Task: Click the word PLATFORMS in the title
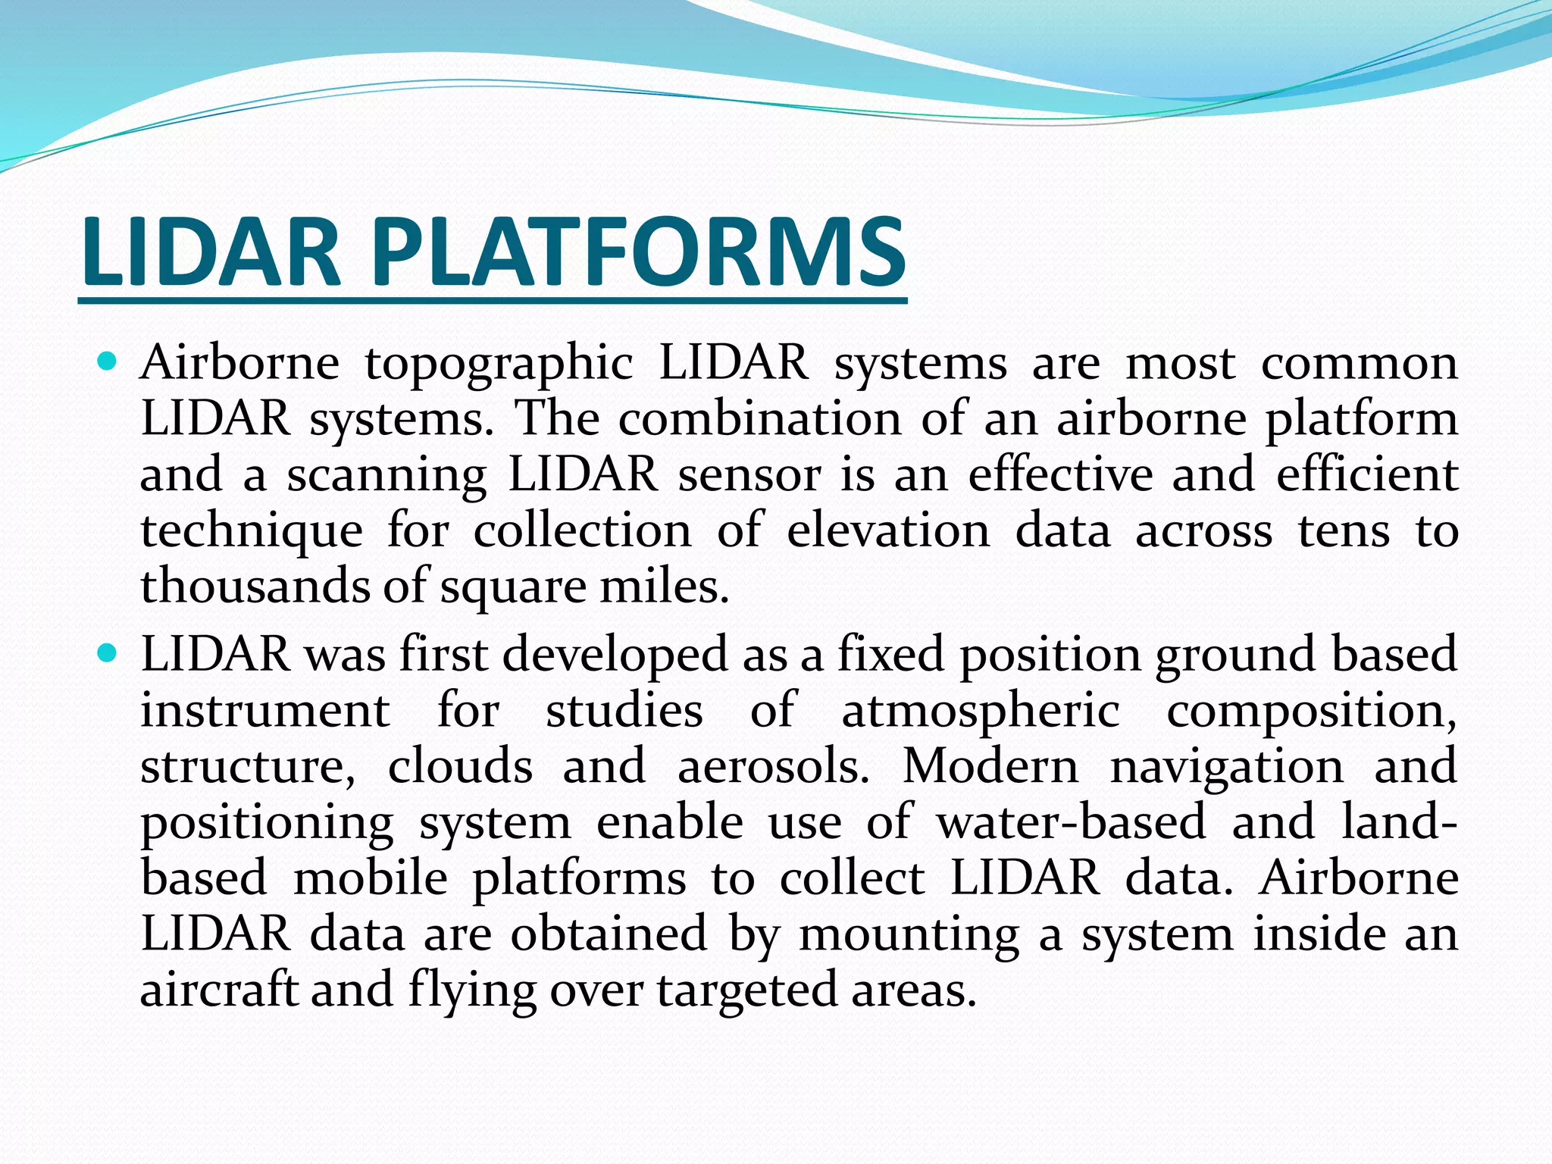click(x=638, y=252)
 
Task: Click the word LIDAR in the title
click(x=211, y=252)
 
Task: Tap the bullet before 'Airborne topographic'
click(x=108, y=361)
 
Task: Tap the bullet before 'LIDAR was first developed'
click(x=108, y=652)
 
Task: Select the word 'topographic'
click(x=499, y=364)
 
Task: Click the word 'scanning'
click(x=386, y=476)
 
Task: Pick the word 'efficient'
click(x=1367, y=474)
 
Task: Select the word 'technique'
click(x=252, y=532)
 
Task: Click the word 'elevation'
click(x=888, y=530)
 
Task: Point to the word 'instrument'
click(x=265, y=711)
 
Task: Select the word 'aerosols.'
click(x=773, y=766)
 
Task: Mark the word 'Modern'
click(x=990, y=766)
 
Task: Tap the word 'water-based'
click(x=1071, y=822)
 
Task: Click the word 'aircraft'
click(x=219, y=990)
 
